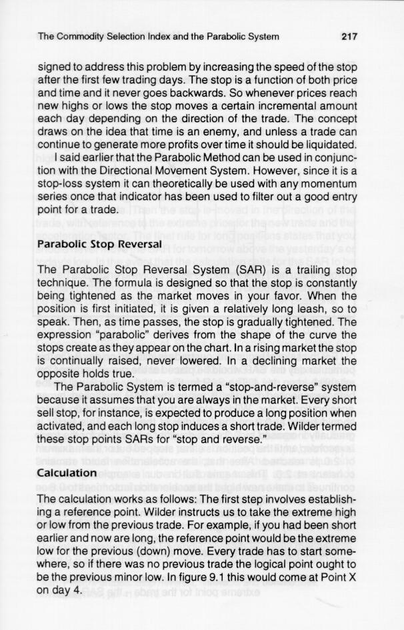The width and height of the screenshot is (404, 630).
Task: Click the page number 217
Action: (x=350, y=37)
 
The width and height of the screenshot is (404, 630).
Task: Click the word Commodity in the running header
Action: (x=83, y=37)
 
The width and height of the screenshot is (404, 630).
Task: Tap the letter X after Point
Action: (x=357, y=575)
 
